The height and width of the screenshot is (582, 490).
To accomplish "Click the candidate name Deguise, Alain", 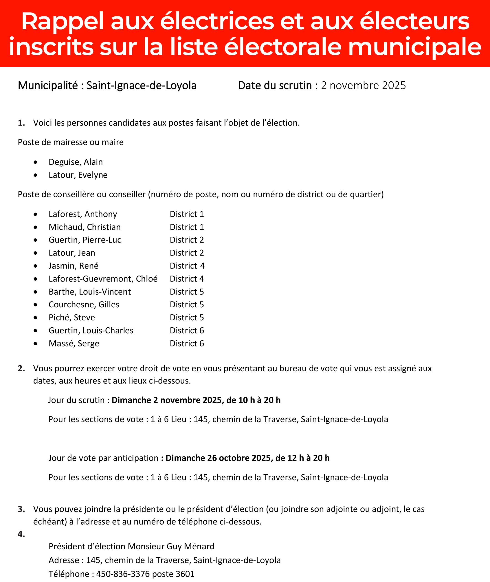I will click(x=75, y=162).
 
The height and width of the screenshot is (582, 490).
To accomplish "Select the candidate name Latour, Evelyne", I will click(x=78, y=175).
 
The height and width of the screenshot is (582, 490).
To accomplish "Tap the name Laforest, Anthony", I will click(x=83, y=214).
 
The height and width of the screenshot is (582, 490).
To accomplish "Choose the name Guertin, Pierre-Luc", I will click(x=85, y=240).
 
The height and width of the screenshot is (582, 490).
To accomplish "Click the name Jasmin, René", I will click(x=73, y=266).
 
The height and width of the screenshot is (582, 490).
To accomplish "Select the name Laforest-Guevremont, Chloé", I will click(x=103, y=279).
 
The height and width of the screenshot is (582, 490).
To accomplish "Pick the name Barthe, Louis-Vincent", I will click(x=90, y=292).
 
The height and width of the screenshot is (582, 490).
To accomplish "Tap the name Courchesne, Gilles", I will click(x=84, y=305).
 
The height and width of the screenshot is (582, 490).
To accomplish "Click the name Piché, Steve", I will click(x=72, y=318).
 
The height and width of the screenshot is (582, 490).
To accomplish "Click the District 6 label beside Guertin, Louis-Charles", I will click(x=187, y=331).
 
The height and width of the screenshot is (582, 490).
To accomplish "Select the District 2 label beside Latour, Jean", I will click(x=187, y=253).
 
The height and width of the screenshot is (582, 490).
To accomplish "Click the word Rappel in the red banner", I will click(x=62, y=22).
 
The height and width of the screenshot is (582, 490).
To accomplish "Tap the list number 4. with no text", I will click(x=21, y=534).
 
